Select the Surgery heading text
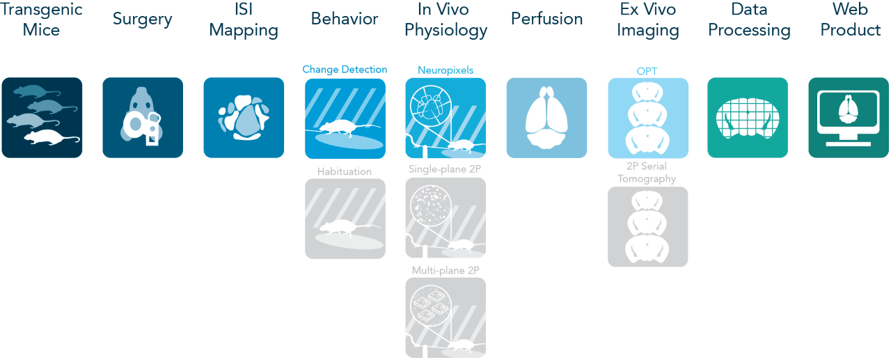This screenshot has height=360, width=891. [143, 19]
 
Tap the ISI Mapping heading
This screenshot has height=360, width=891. [244, 19]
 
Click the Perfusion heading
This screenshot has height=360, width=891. [546, 19]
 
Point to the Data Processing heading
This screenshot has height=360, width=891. [748, 19]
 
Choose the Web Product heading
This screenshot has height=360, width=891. [849, 19]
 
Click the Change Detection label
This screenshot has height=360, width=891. [345, 70]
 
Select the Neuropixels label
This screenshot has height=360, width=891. [445, 70]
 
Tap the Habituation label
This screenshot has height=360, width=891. [345, 171]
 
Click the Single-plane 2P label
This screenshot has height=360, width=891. [445, 169]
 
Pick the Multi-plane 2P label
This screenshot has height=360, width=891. [445, 270]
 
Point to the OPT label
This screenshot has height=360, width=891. [647, 70]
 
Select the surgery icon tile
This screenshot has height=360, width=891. [143, 118]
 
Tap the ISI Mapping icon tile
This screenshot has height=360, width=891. [244, 118]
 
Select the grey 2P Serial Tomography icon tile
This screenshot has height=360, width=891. [647, 226]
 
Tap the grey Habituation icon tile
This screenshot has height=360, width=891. [345, 219]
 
